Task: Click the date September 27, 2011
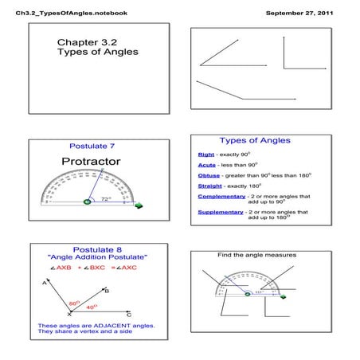(300, 14)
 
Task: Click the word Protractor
(91, 162)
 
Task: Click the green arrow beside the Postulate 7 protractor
(139, 205)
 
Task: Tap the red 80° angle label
(73, 303)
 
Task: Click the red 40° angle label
(92, 307)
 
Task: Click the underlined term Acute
(207, 164)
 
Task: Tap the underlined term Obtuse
(209, 175)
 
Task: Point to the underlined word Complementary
(221, 197)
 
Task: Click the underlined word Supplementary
(221, 213)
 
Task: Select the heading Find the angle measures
(256, 255)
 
